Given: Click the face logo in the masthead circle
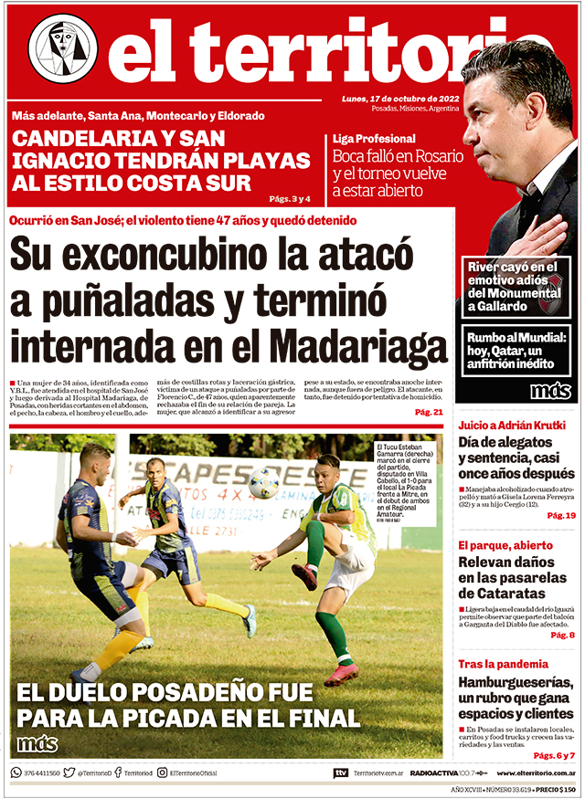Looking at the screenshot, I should click(62, 47).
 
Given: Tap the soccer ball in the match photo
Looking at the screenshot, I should click(263, 482).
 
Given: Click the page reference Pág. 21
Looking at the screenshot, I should click(428, 413).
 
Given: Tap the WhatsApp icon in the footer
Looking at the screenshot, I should click(16, 773).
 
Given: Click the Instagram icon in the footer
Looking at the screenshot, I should click(162, 773).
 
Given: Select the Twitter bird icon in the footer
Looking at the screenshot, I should click(69, 773).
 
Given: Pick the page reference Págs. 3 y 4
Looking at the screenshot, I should click(290, 198).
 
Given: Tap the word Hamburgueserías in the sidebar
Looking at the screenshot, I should click(516, 683).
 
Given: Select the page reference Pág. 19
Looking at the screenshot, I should click(560, 516).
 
